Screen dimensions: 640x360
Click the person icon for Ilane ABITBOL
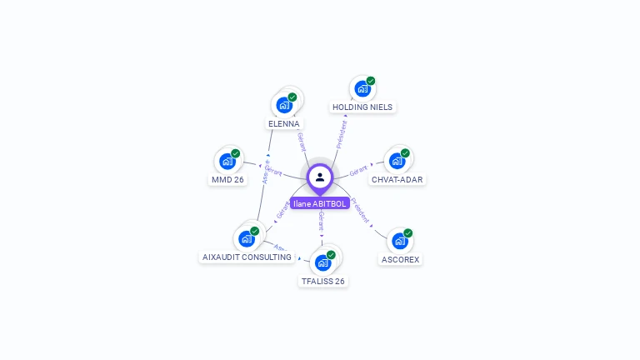tap(320, 177)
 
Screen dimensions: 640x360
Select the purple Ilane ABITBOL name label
tap(320, 203)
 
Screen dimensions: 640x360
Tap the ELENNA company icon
tap(284, 105)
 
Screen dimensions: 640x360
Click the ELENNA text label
tap(283, 123)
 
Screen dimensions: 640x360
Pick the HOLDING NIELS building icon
tap(362, 88)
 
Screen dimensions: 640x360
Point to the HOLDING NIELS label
tap(362, 107)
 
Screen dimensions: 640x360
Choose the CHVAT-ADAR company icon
tap(397, 160)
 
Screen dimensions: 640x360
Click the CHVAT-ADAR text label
tap(397, 179)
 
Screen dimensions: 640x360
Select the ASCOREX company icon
tap(400, 241)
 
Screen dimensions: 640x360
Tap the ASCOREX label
tap(400, 259)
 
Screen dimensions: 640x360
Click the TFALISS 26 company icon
tap(323, 262)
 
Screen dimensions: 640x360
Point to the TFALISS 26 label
tap(322, 281)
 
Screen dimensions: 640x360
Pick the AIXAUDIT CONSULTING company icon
tap(247, 238)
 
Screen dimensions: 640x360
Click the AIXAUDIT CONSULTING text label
tap(247, 257)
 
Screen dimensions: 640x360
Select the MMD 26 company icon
tap(227, 161)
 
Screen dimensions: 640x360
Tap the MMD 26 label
tap(227, 179)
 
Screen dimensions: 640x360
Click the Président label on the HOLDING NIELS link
tap(340, 133)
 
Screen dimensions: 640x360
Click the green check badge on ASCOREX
tap(408, 233)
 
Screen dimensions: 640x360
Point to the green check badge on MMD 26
tap(236, 153)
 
